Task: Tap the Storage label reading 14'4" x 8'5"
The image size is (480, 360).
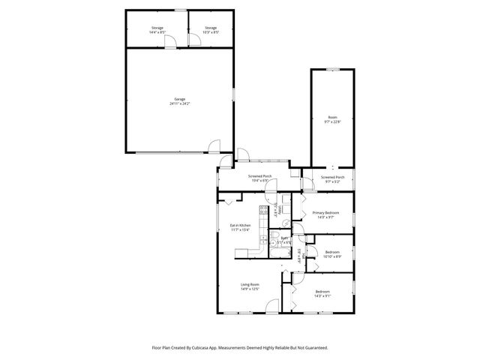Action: (x=156, y=30)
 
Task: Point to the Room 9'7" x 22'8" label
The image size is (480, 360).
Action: (x=332, y=120)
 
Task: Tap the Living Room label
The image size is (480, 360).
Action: (x=250, y=286)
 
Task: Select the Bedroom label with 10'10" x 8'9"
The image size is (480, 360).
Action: (x=331, y=254)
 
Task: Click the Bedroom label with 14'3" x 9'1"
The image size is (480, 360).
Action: (x=322, y=293)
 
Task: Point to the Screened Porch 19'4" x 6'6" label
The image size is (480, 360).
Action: (x=259, y=178)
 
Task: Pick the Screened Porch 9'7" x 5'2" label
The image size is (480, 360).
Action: (x=331, y=180)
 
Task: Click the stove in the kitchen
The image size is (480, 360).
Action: (x=263, y=211)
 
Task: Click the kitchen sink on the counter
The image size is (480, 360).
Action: (x=262, y=235)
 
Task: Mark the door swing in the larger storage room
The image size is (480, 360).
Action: (x=170, y=41)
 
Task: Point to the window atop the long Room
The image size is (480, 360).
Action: (x=332, y=70)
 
